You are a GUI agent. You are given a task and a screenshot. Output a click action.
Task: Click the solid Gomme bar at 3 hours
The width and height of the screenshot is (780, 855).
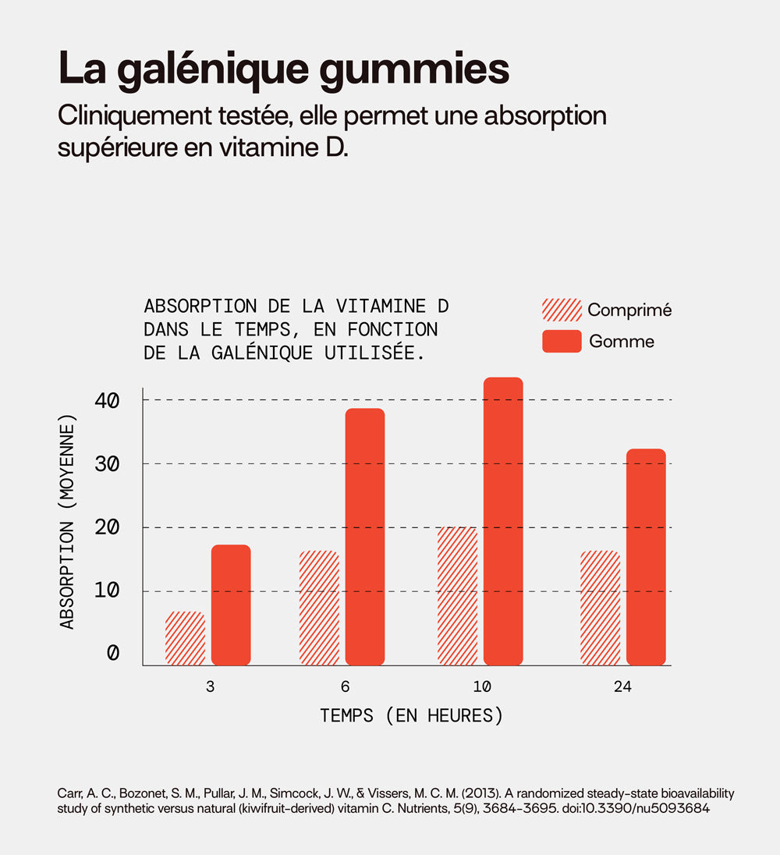tap(231, 605)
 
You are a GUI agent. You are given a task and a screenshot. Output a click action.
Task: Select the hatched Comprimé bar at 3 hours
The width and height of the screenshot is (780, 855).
tap(185, 638)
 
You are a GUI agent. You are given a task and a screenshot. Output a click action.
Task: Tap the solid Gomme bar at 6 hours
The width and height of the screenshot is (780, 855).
tap(365, 536)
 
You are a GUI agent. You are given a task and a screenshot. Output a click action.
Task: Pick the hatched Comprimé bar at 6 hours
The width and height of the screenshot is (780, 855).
tap(319, 608)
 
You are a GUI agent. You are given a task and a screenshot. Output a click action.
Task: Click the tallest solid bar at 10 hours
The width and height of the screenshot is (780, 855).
tap(503, 520)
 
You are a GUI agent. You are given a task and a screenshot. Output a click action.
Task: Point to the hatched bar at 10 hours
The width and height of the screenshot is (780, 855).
tap(457, 596)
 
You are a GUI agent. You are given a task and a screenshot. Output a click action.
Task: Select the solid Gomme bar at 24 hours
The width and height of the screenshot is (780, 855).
tap(646, 556)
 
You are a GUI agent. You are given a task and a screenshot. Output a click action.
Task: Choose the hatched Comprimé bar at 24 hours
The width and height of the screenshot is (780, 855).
tap(600, 608)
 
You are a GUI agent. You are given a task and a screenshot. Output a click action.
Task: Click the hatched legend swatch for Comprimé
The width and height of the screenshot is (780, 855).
tap(562, 310)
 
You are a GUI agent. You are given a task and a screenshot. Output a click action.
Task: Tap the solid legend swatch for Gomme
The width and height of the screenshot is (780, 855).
tap(562, 341)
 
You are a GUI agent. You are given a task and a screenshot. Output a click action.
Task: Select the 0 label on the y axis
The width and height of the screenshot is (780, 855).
tap(114, 653)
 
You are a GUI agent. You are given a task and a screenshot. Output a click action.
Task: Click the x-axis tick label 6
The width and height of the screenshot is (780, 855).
tap(344, 687)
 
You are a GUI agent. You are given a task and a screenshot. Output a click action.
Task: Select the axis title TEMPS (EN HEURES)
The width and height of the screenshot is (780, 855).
tap(411, 715)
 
